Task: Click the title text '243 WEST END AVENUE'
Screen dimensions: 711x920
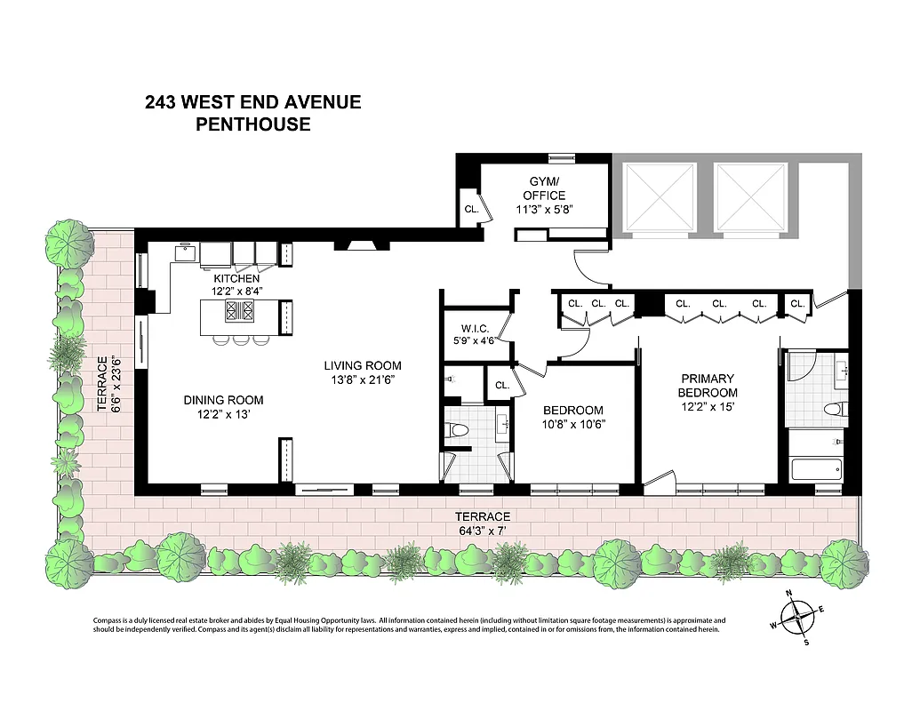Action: [253, 101]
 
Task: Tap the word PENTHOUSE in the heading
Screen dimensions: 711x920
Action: [253, 124]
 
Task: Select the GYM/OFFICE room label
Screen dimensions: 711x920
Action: [541, 189]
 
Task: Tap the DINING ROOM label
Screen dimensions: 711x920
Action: [223, 400]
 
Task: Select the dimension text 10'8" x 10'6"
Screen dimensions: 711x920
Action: [573, 424]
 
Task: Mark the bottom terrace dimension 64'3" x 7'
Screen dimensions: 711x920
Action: [482, 531]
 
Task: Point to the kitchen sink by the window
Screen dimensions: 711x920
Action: [184, 252]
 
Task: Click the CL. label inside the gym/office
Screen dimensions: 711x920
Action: [470, 210]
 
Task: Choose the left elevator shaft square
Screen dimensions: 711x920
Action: [660, 196]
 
